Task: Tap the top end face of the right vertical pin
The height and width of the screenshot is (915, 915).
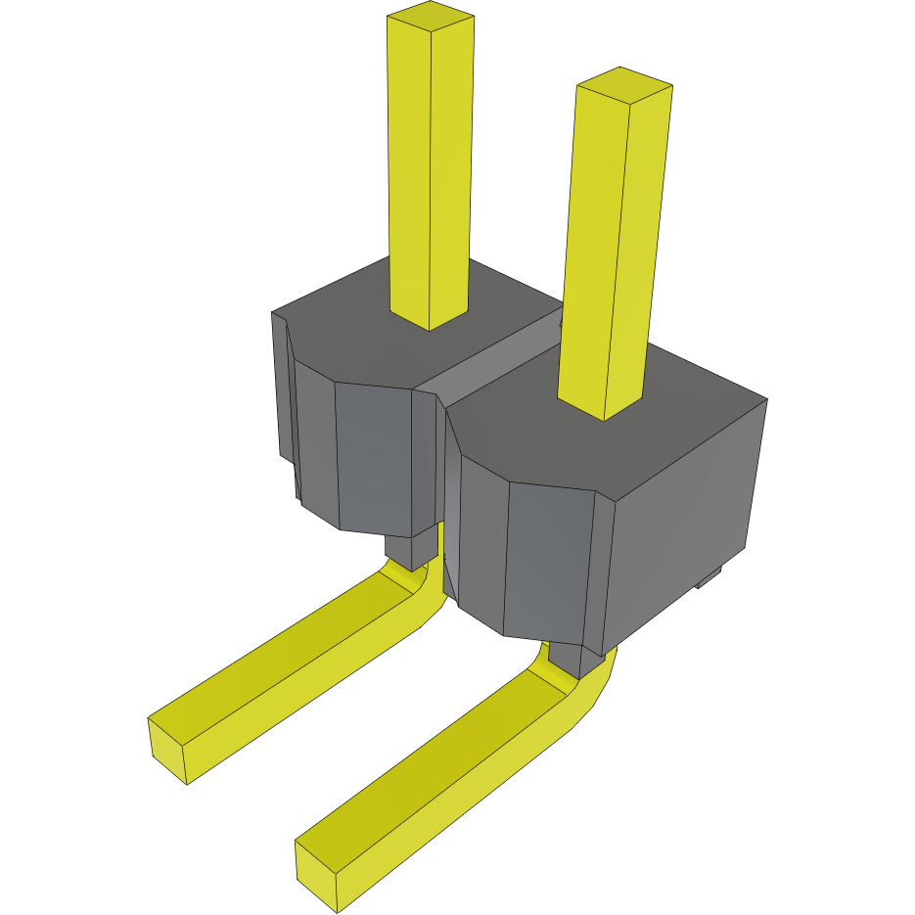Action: pyautogui.click(x=624, y=84)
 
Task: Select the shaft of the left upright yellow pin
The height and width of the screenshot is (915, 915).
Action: pyautogui.click(x=429, y=176)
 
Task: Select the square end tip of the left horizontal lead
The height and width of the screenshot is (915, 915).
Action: pyautogui.click(x=167, y=749)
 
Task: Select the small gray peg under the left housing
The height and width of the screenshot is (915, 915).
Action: pyautogui.click(x=411, y=550)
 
